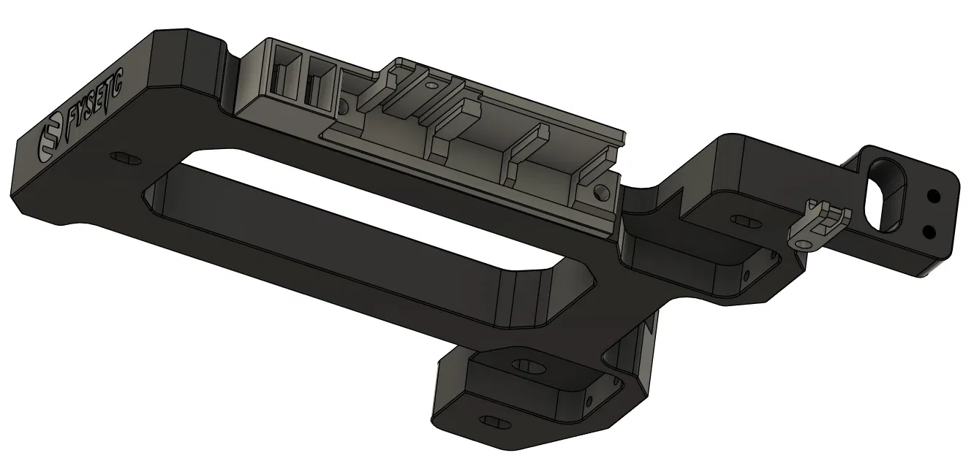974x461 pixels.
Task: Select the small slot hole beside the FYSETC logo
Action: [126, 158]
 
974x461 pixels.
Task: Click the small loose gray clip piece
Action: [818, 224]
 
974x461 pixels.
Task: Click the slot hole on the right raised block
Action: [747, 221]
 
